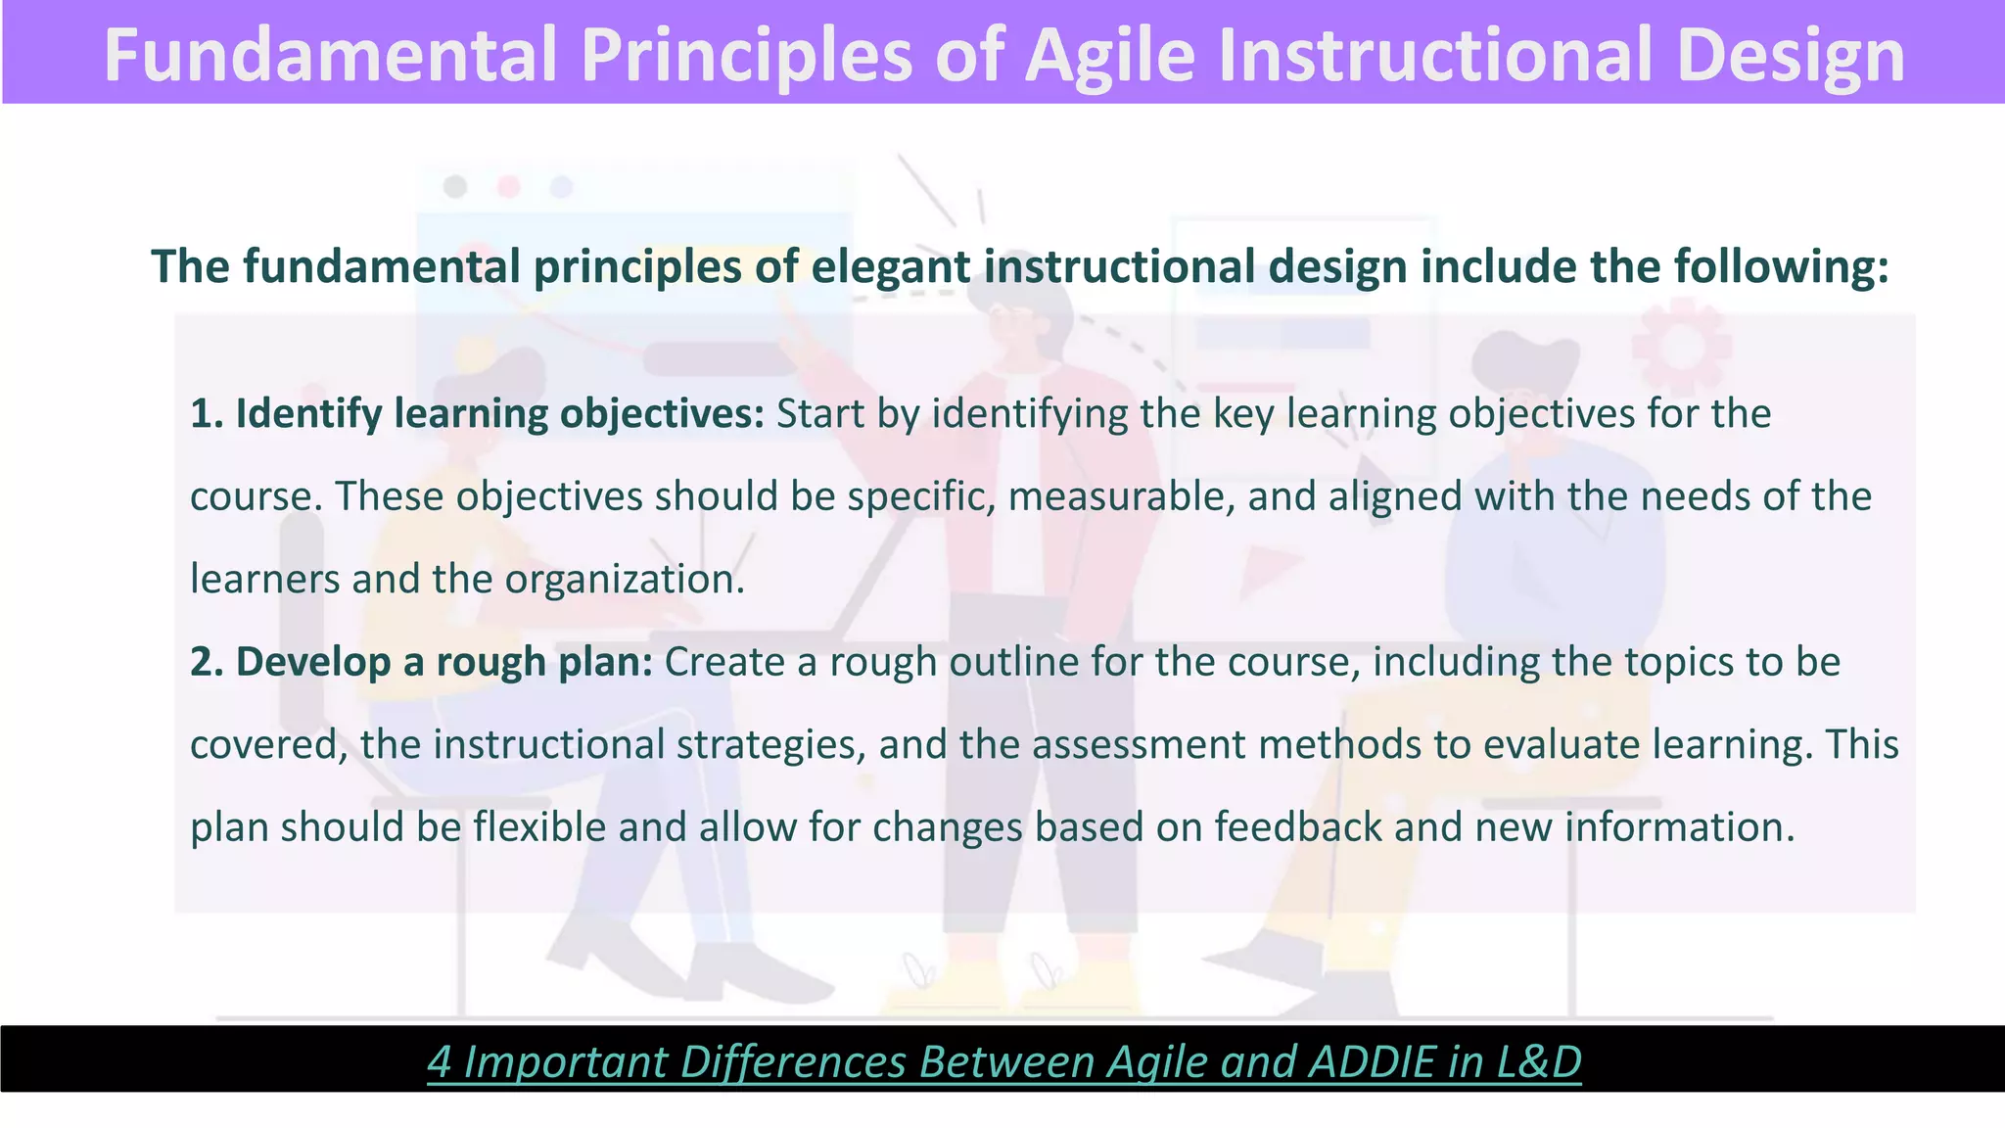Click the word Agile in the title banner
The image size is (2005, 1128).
[1109, 55]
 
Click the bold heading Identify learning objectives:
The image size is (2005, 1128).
[477, 414]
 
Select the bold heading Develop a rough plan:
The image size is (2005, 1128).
[421, 662]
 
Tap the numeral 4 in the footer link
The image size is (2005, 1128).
[439, 1061]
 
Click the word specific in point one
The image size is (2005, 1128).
[920, 496]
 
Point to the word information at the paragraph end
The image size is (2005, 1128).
[1679, 827]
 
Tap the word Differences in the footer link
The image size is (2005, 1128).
[793, 1061]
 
